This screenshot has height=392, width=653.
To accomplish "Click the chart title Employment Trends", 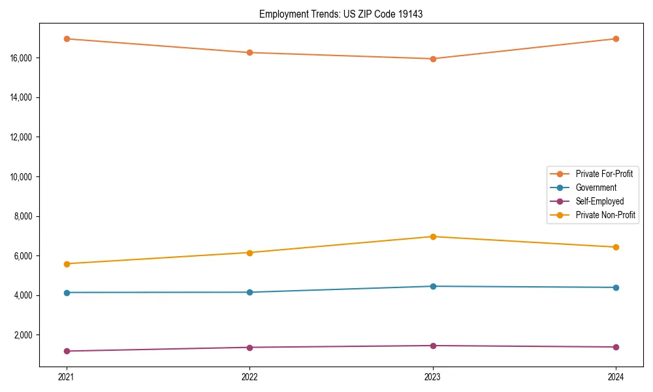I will click(341, 14).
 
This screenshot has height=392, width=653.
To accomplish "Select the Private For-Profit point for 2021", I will click(66, 39).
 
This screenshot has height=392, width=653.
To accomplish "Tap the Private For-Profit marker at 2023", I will click(432, 59).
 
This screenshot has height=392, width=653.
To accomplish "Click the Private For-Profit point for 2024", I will click(616, 39).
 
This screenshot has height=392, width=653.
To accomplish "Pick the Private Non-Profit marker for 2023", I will click(432, 237).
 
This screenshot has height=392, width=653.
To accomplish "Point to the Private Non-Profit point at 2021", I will click(66, 264).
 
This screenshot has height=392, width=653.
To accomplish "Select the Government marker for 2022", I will click(249, 292).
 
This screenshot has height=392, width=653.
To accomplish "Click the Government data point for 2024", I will click(616, 287).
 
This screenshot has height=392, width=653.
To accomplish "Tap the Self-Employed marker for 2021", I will click(66, 351).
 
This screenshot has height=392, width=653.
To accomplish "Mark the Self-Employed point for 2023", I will click(432, 346).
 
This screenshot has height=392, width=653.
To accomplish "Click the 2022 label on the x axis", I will click(249, 376).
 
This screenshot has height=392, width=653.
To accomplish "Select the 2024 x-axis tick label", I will click(616, 376).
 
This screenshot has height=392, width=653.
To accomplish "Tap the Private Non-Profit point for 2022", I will click(249, 252).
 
